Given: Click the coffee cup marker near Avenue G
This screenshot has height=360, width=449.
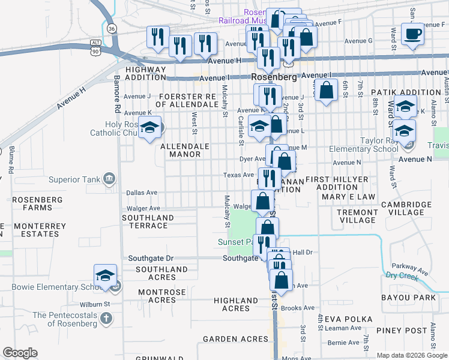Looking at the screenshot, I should click(x=412, y=34).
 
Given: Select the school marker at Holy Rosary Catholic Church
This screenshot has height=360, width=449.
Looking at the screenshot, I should click(x=151, y=127).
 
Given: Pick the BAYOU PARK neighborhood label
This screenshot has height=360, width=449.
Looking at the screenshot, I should click(x=408, y=298).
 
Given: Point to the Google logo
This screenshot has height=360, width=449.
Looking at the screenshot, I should click(x=20, y=353).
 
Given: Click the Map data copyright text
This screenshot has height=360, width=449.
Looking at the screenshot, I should click(x=411, y=355).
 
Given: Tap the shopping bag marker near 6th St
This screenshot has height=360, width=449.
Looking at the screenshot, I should click(x=326, y=91).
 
